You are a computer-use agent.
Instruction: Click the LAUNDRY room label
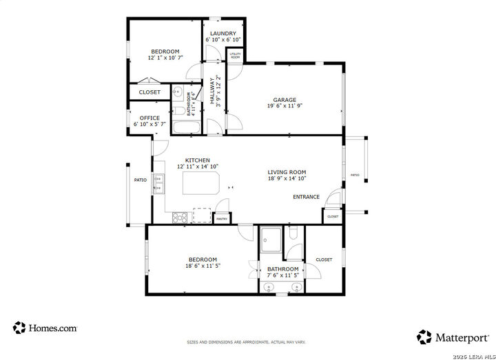[223, 33]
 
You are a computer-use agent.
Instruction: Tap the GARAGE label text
[285, 99]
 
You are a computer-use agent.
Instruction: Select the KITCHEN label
[197, 160]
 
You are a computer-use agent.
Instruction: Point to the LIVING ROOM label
[287, 172]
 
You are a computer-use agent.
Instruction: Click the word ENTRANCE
[306, 197]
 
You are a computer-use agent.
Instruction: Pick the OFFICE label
[149, 118]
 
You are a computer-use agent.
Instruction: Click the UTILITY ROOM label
[235, 55]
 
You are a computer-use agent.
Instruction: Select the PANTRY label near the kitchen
[221, 219]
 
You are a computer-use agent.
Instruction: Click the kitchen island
[200, 184]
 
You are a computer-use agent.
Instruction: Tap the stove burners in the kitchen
[180, 217]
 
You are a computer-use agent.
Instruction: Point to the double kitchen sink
[158, 183]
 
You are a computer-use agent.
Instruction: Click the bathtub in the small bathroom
[186, 127]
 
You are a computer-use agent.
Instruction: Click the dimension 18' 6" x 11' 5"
[203, 266]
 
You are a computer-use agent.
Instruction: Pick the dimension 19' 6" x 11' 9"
[285, 106]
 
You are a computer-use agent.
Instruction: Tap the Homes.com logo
[45, 328]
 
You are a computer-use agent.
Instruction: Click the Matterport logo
[453, 337]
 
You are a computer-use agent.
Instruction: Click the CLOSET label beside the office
[149, 92]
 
